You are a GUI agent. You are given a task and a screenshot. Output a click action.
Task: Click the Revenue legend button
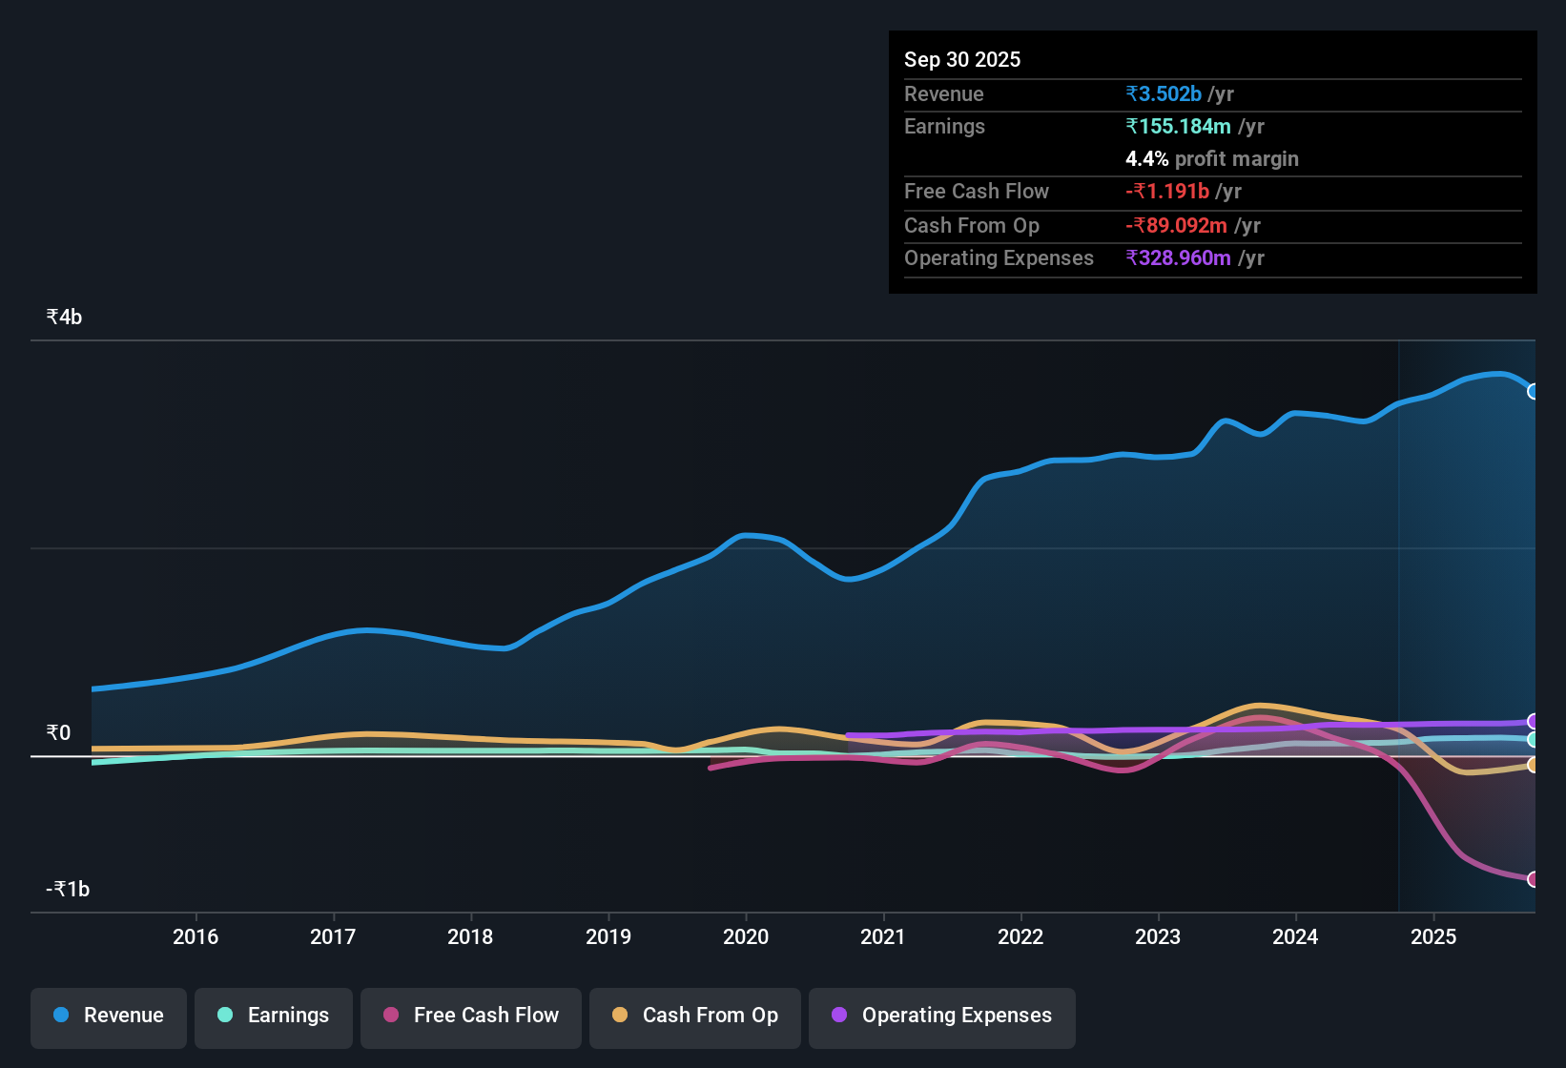[x=109, y=1016]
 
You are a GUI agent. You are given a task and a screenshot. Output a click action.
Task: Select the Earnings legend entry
[x=274, y=1016]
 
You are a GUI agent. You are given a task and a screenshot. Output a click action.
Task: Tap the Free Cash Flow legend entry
[x=471, y=1016]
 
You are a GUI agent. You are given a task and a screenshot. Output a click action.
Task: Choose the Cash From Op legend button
[x=695, y=1016]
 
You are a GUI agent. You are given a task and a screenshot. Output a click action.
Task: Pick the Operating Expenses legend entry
[x=942, y=1016]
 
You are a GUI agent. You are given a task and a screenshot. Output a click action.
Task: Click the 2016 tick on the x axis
[x=196, y=936]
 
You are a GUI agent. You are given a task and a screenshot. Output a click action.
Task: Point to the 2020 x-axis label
[x=746, y=936]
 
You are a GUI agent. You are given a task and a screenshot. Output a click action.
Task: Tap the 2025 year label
[x=1432, y=936]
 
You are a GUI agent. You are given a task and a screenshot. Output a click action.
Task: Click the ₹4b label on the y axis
[x=64, y=318]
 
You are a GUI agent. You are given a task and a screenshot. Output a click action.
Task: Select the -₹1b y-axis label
[x=68, y=890]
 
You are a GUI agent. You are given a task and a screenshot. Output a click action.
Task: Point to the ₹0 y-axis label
[x=58, y=733]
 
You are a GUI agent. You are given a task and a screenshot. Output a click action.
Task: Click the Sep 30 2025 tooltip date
[x=961, y=60]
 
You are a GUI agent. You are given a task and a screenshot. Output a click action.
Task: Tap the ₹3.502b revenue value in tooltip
[x=1163, y=94]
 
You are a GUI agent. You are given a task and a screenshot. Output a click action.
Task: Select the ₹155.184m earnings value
[x=1178, y=127]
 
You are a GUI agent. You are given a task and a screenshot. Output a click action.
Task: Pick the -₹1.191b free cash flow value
[x=1166, y=192]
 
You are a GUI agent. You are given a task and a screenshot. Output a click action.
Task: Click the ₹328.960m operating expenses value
[x=1178, y=258]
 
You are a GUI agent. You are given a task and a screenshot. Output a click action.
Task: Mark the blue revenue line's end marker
[x=1533, y=391]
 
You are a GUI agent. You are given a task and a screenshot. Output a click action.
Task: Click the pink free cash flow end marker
[x=1533, y=879]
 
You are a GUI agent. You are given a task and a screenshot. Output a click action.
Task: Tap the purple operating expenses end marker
[x=1533, y=721]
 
